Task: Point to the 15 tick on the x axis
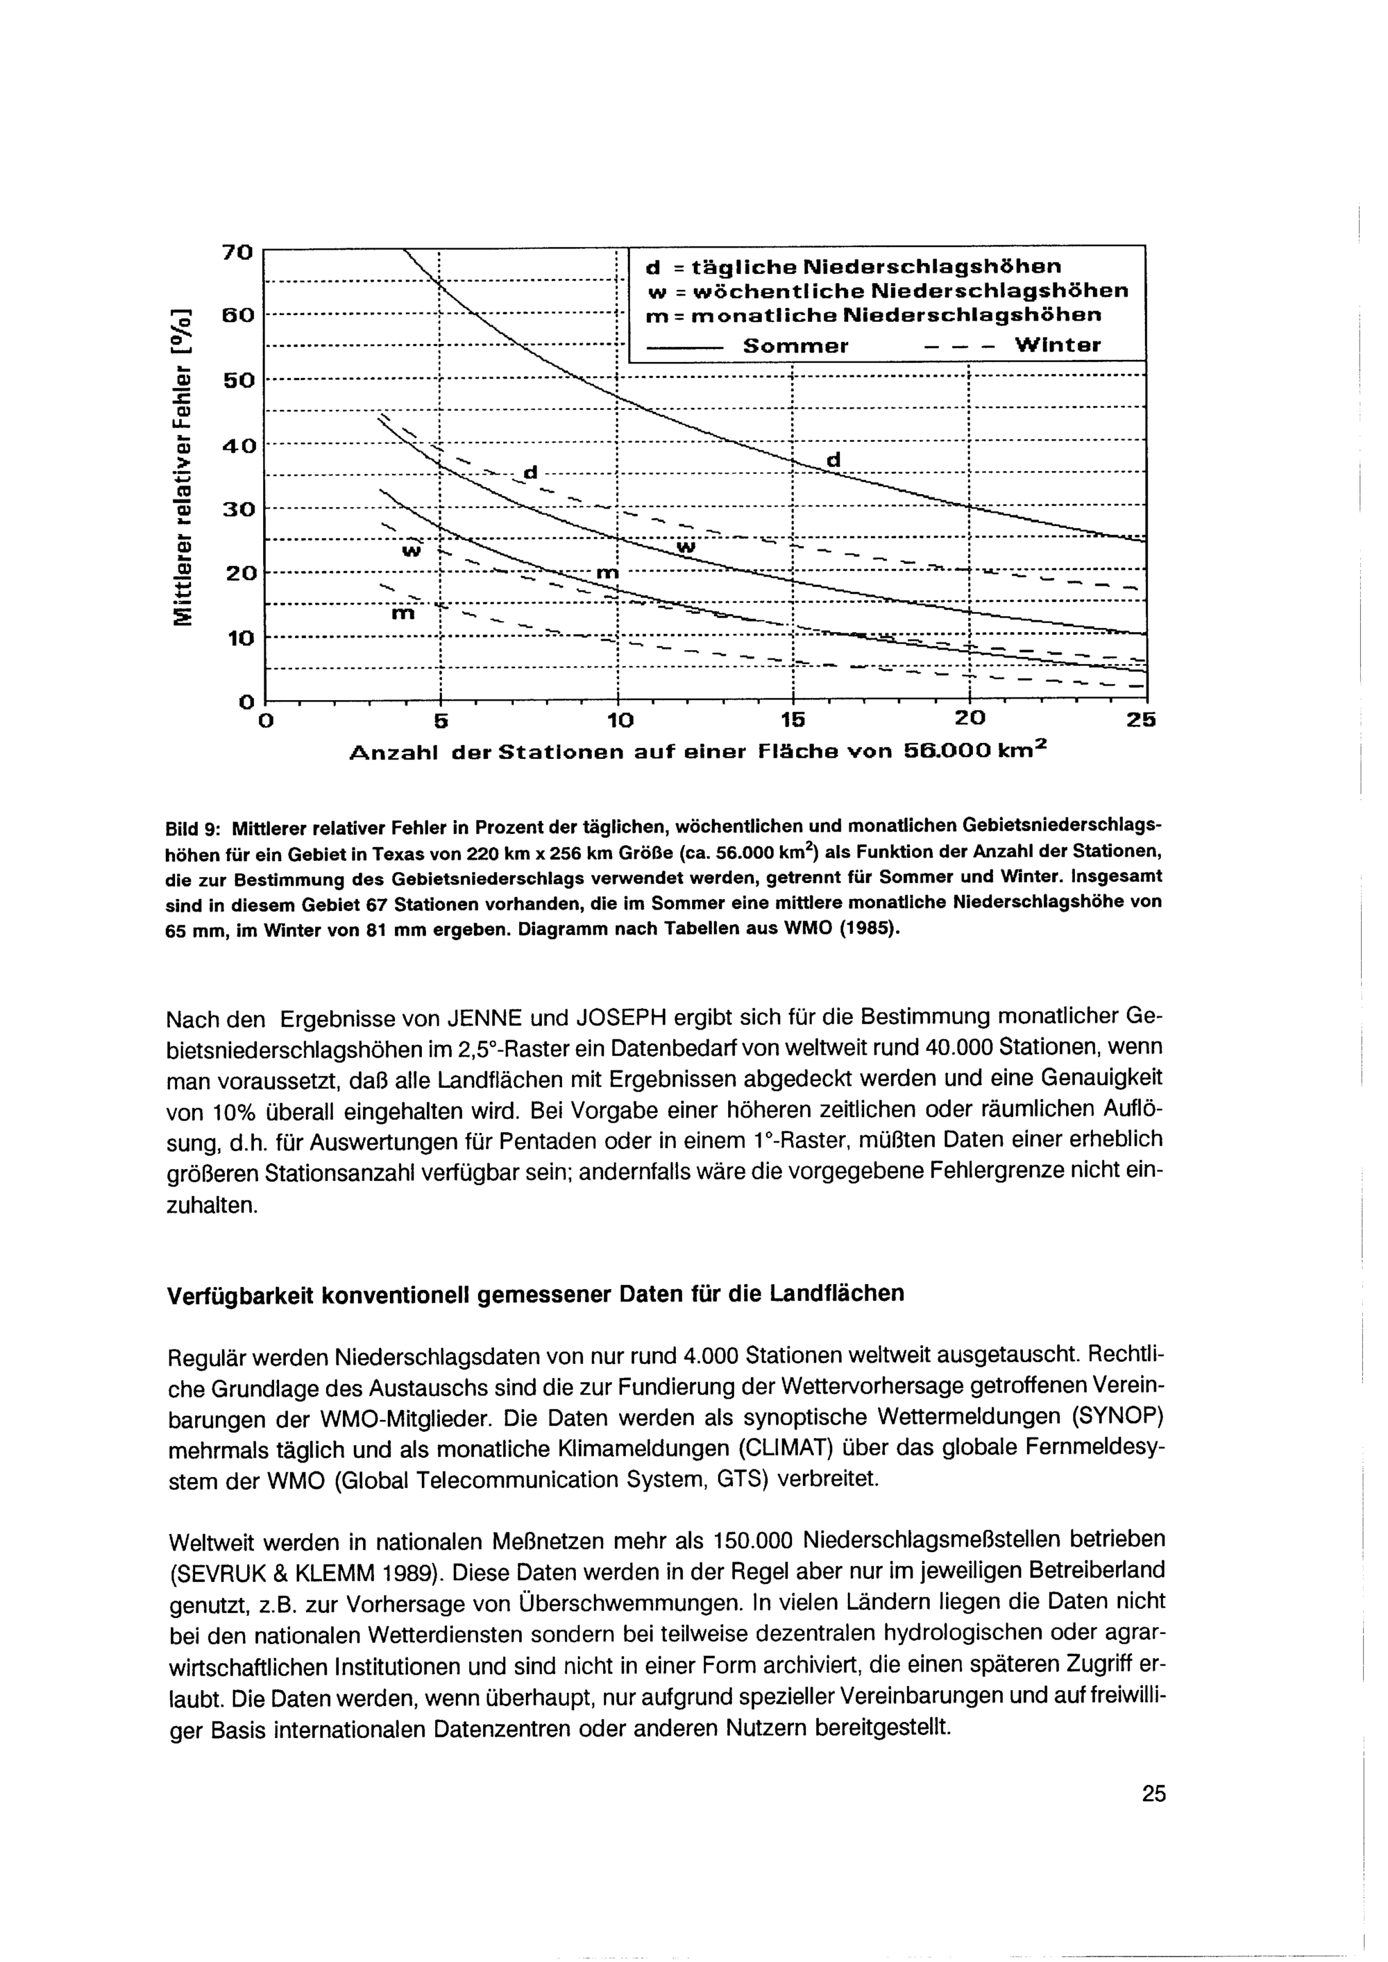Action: (794, 720)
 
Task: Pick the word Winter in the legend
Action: (1058, 346)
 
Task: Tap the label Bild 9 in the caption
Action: (193, 828)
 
